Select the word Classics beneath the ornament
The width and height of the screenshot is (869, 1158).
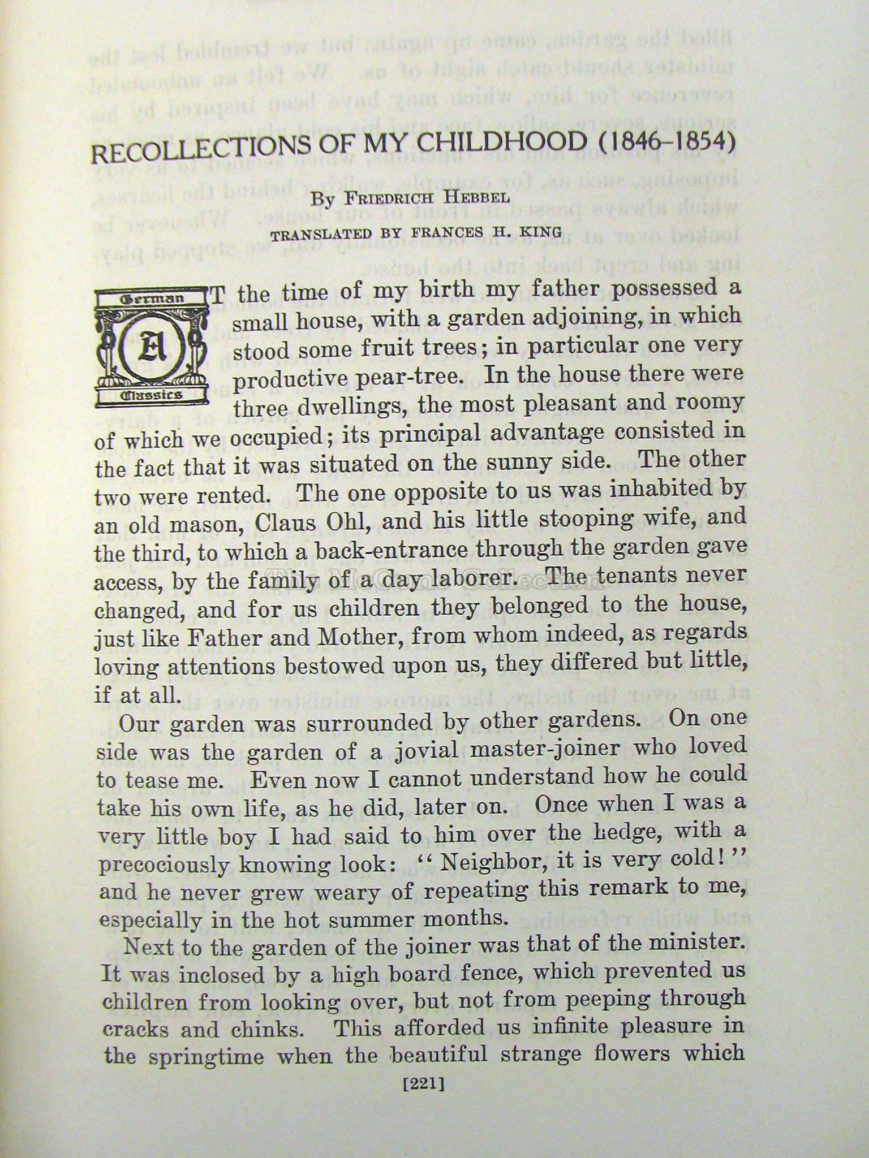(x=151, y=394)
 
